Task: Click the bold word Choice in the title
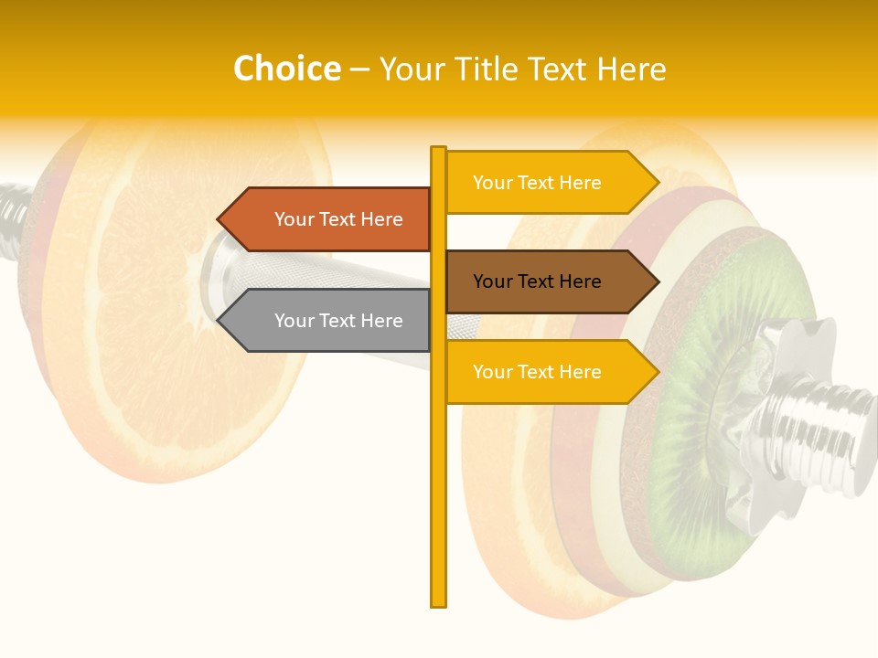(286, 69)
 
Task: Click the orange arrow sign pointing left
(329, 219)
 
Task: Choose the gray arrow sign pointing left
(329, 321)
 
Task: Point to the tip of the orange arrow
(219, 219)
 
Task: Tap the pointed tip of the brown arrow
(657, 281)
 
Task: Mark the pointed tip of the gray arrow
(219, 321)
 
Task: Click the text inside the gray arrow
(338, 321)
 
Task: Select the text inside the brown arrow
(537, 281)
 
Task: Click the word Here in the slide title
(631, 69)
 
